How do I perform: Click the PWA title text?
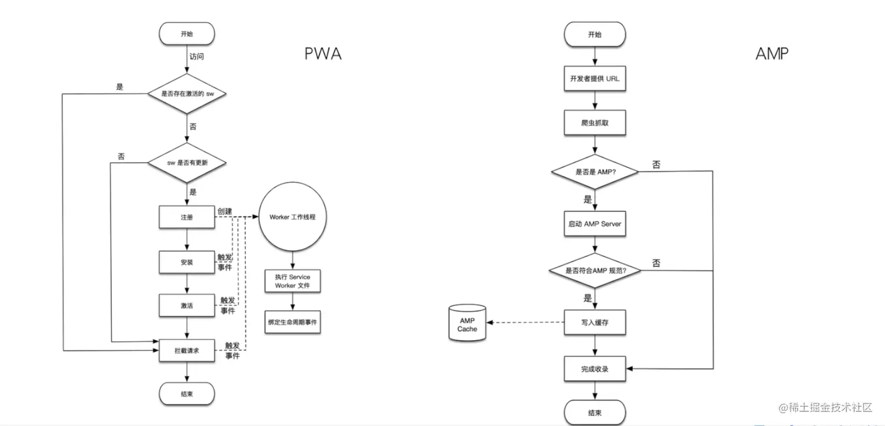(x=323, y=54)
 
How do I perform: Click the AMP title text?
(x=771, y=54)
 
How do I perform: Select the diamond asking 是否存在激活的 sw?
(x=186, y=93)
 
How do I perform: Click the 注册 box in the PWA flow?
(x=186, y=217)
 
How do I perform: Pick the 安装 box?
(x=186, y=262)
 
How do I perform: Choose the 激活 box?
(x=186, y=305)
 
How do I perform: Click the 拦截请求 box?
(x=186, y=350)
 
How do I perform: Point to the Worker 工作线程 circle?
(x=292, y=217)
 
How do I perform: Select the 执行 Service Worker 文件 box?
(x=292, y=281)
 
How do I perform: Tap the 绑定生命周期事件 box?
(x=292, y=322)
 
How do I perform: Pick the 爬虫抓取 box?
(x=595, y=124)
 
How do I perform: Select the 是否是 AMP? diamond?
(x=595, y=171)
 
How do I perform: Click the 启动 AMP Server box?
(x=595, y=224)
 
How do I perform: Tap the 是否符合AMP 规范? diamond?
(x=595, y=271)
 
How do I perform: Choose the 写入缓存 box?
(x=595, y=322)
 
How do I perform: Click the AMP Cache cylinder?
(x=467, y=322)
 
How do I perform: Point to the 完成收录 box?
(x=595, y=369)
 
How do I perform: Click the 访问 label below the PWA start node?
(x=197, y=57)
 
